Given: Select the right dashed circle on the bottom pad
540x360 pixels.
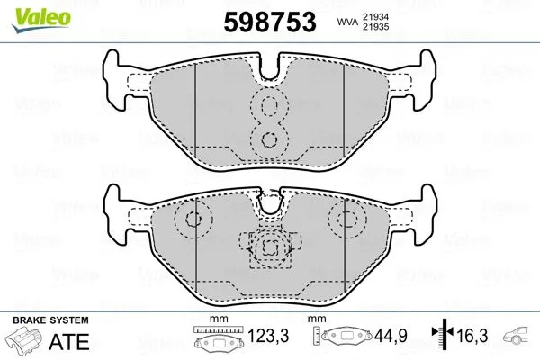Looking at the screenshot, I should pyautogui.click(x=344, y=219).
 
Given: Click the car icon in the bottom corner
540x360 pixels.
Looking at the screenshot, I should pyautogui.click(x=517, y=338).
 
